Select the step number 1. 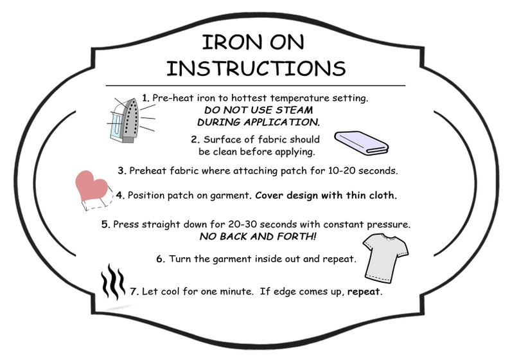146,98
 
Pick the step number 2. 195,139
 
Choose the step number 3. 121,171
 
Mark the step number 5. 105,225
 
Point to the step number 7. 134,291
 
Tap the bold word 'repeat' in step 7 364,291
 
